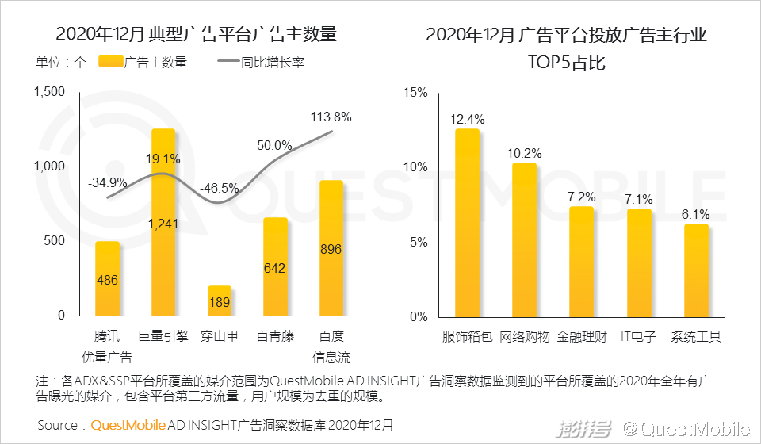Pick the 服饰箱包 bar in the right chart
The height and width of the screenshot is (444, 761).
[467, 222]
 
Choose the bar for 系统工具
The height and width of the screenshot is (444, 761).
[696, 270]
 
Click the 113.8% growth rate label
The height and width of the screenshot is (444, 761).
[331, 117]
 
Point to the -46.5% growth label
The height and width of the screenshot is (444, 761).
[220, 189]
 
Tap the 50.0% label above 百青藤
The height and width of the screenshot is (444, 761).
[275, 146]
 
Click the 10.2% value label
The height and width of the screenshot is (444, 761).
[524, 153]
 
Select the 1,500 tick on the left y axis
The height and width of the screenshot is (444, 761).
[50, 93]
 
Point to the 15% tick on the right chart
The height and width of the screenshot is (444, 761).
[415, 93]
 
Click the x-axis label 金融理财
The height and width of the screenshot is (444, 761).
[582, 336]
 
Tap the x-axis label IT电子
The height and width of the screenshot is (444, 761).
[638, 336]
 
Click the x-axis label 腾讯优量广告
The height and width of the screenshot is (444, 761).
[107, 346]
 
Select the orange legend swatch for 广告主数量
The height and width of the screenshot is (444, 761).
[111, 62]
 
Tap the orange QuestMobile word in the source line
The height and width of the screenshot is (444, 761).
[128, 425]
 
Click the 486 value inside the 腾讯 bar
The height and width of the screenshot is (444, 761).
[107, 280]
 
